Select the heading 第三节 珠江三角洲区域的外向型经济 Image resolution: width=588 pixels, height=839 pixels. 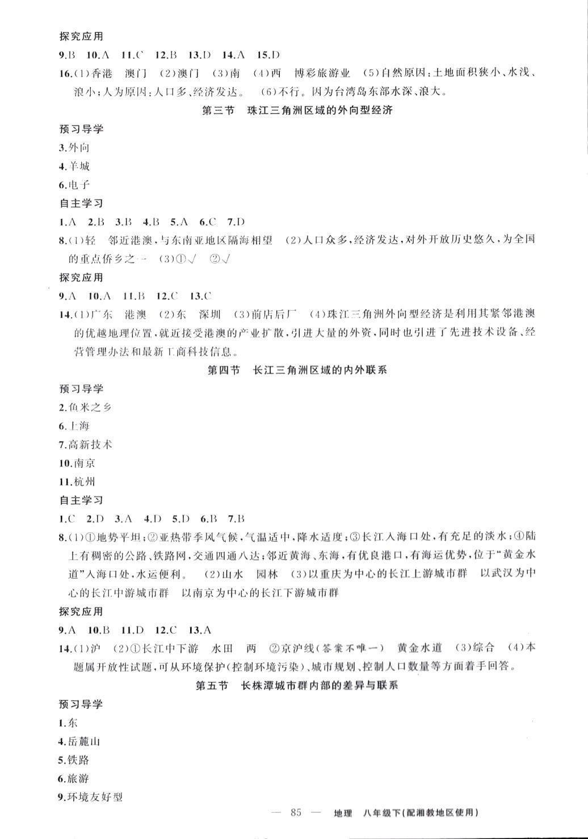coord(297,111)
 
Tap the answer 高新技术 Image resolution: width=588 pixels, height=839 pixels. coord(90,444)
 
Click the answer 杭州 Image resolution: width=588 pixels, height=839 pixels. coord(85,482)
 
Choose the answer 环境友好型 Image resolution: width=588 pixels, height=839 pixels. coord(95,797)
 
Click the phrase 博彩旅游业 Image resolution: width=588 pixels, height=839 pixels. coord(323,73)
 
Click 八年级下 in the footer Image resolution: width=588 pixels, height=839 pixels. coord(380,813)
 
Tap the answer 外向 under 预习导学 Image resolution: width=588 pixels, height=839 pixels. coord(79,148)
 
